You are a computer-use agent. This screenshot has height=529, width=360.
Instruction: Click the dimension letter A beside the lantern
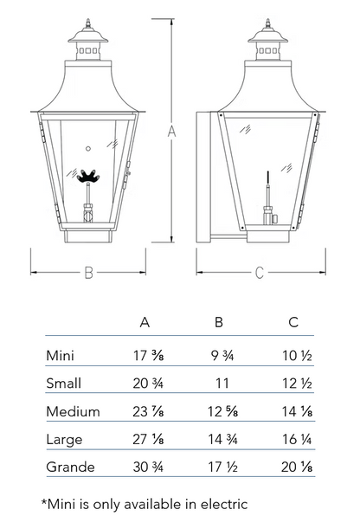172,131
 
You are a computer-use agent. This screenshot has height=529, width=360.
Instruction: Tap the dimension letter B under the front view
88,272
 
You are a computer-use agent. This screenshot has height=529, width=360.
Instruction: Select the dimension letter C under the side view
260,272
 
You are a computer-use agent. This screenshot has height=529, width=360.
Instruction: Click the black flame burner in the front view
88,176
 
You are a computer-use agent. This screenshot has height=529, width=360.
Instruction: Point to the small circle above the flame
88,148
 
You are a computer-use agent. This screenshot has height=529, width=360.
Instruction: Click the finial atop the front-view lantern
88,23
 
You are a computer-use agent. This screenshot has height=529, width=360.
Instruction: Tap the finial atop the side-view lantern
268,23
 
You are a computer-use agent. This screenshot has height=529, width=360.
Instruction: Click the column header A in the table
145,323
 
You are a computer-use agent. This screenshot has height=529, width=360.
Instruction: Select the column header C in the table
293,322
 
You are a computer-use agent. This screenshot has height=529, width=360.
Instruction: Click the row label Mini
60,356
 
